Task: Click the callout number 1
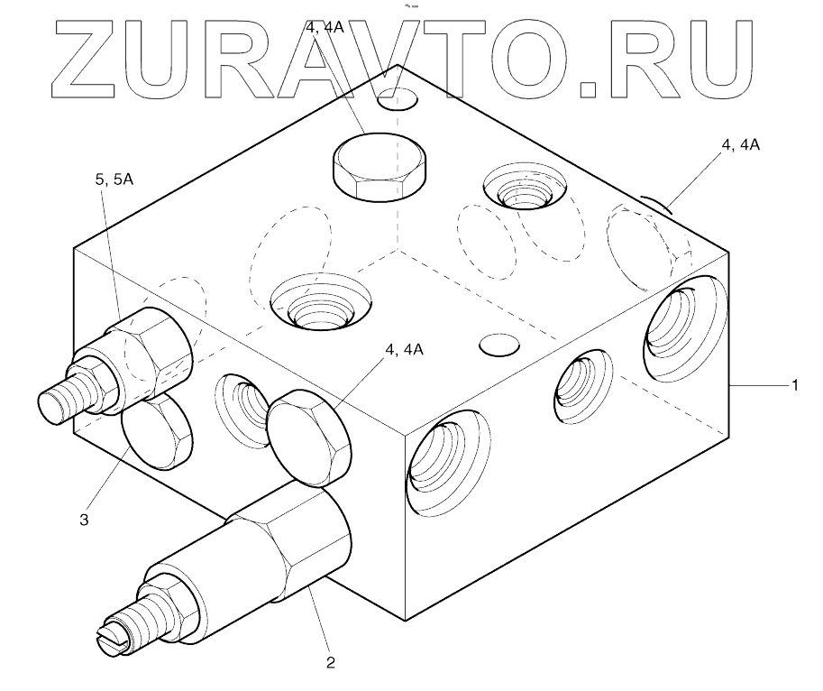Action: point(794,385)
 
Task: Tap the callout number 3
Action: point(84,520)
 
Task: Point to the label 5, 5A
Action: point(114,180)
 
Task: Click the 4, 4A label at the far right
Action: point(740,143)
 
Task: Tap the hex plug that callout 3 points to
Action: point(157,436)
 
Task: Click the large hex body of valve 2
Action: point(288,541)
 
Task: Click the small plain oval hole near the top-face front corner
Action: point(498,345)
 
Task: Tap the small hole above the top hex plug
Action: point(398,97)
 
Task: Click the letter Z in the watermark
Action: point(98,58)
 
